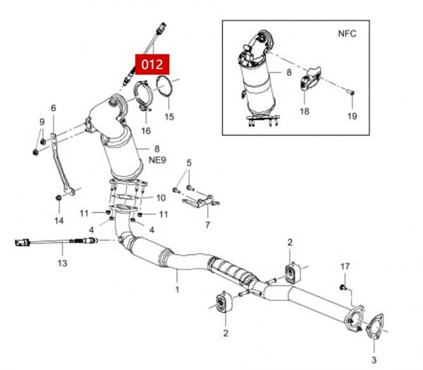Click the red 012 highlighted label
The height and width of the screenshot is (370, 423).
(152, 64)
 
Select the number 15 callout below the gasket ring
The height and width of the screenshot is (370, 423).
(169, 115)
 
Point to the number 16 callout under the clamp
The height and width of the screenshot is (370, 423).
(145, 131)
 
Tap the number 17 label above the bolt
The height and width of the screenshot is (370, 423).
(345, 266)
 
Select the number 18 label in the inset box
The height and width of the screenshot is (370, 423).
(304, 111)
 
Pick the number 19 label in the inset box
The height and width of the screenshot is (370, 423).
(352, 115)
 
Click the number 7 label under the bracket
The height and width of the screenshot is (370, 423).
(207, 225)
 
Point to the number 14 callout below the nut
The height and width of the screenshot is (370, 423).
(59, 220)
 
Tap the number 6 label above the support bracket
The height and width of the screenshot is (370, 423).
(52, 108)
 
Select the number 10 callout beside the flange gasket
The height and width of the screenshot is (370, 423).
(160, 198)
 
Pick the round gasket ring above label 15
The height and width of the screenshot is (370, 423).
(166, 90)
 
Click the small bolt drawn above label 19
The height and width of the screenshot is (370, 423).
(352, 92)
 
